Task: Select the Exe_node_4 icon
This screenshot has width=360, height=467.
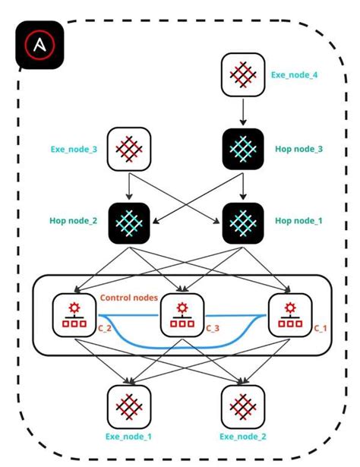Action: tap(242, 75)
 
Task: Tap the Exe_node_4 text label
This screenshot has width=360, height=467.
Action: tap(294, 75)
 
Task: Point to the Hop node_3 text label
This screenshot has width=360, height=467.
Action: tap(298, 150)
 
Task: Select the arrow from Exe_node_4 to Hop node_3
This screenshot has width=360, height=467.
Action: tap(242, 112)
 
